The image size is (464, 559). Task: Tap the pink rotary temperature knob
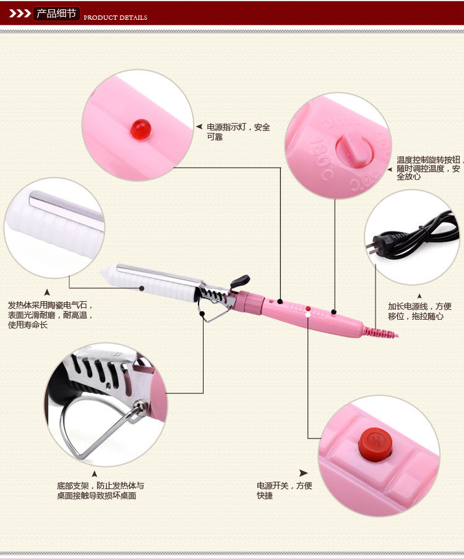(x=351, y=148)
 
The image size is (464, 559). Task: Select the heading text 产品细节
(x=56, y=13)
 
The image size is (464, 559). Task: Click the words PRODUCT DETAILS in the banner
(x=115, y=17)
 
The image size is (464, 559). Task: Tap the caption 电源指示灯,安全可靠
(x=238, y=132)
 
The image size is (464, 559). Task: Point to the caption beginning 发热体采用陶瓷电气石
(x=49, y=315)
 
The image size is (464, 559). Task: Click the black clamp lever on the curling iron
(x=240, y=281)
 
